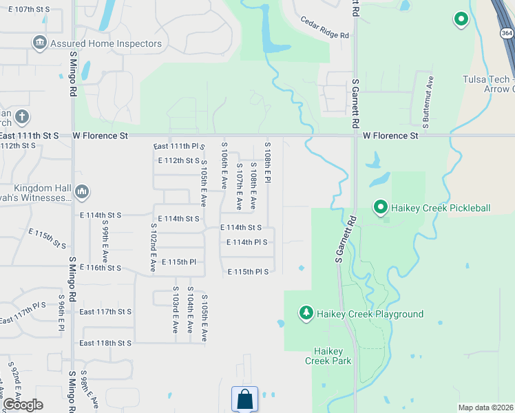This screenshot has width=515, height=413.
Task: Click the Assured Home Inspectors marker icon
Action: click(40, 43)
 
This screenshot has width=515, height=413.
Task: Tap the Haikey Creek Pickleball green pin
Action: click(379, 206)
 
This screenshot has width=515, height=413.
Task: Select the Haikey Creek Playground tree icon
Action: click(306, 313)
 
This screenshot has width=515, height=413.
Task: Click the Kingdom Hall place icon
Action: click(82, 191)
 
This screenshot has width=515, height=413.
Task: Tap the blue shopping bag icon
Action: click(244, 399)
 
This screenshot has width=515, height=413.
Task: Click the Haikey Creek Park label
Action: click(328, 356)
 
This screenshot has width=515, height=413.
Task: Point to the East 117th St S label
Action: click(105, 312)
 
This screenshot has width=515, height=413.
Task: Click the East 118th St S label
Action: click(105, 343)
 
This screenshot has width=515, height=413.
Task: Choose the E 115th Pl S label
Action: click(248, 272)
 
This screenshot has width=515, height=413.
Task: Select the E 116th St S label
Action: click(100, 267)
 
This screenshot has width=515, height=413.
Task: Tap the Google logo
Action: click(23, 404)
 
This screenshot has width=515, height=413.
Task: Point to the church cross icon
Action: click(21, 116)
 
